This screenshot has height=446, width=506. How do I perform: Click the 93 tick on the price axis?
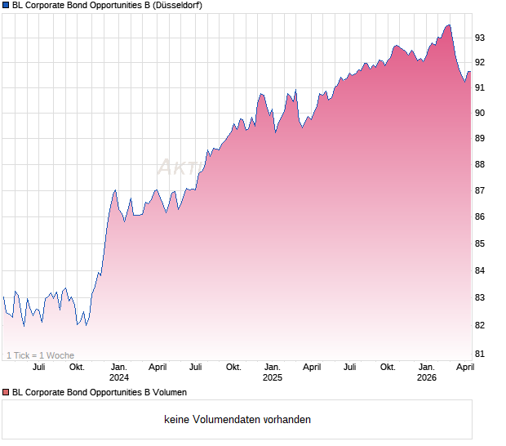481,38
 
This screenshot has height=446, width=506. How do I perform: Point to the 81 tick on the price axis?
481,354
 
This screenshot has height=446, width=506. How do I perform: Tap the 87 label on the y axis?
481,191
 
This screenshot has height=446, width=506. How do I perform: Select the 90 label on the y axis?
481,113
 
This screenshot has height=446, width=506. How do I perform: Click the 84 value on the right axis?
481,271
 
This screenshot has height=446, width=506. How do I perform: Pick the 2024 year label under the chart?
119,377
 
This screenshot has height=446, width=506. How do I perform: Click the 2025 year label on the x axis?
273,377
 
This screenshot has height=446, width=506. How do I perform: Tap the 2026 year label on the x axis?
426,377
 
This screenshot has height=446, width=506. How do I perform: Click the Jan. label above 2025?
273,367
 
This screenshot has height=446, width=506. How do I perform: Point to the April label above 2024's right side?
158,367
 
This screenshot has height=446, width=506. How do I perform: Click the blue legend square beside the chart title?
6,6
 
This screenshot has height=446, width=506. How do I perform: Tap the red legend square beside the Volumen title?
6,392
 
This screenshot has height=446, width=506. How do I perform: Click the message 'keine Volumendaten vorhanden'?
237,420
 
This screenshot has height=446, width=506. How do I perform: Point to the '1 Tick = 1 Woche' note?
40,355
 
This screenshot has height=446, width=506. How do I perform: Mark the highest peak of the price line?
448,25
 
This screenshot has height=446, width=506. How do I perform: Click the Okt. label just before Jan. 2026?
388,367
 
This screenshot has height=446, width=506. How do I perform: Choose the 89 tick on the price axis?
481,139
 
